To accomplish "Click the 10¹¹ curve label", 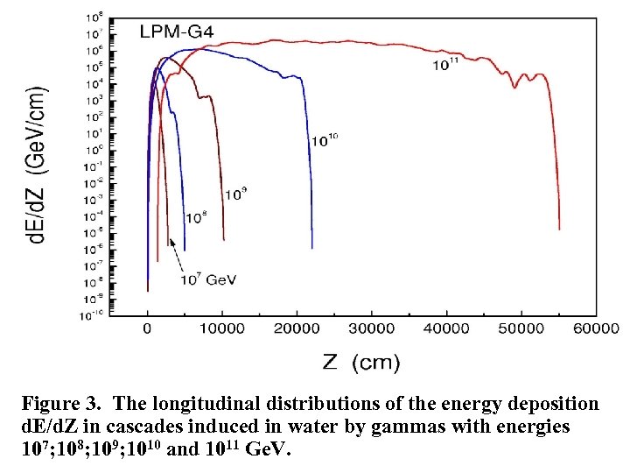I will [x=446, y=64].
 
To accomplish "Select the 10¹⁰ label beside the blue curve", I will [x=325, y=139].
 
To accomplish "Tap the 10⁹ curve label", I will [x=235, y=194].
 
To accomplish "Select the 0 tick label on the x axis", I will [x=148, y=328].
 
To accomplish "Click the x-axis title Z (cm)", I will [x=361, y=361].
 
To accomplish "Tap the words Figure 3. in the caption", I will [x=63, y=405].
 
